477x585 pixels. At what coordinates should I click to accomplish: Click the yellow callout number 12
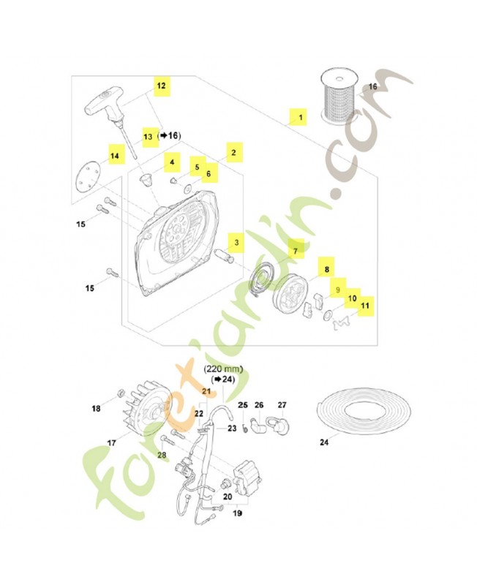161,86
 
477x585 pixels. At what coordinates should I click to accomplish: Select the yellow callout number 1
297,116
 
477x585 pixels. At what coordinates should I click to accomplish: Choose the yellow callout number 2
233,152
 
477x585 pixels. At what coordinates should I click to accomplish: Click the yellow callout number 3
236,241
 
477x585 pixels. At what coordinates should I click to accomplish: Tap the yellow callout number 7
296,251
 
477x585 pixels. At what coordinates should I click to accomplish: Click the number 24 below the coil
325,442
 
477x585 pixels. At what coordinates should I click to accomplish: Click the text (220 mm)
222,370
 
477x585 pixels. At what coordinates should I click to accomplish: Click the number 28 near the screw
162,456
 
